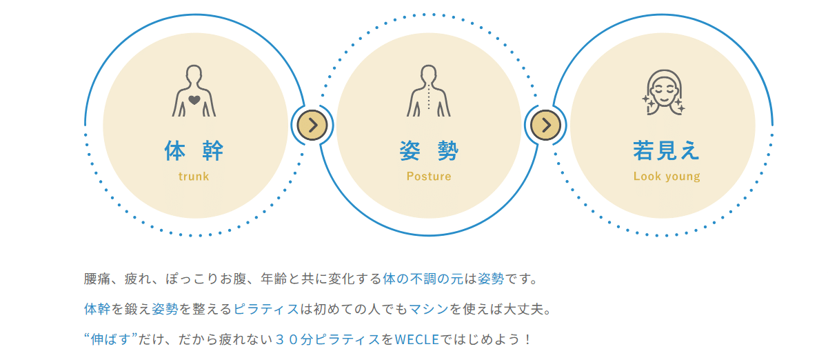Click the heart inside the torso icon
pos(194,100)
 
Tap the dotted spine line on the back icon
pos(429,97)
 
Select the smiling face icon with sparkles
pos(663,92)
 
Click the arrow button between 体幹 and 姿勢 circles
pos(312,126)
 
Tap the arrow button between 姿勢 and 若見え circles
pos(545,126)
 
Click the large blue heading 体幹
pos(194,151)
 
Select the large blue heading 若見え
pos(666,151)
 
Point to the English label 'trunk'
pos(194,177)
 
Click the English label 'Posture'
pos(429,177)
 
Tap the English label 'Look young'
pos(667,177)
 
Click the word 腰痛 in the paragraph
pos(97,279)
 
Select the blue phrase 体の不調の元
pos(423,279)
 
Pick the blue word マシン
pos(429,309)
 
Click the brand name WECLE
pos(417,339)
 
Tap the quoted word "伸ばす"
pos(110,339)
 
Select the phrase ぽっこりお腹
pos(206,279)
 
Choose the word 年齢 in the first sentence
pos(274,279)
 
